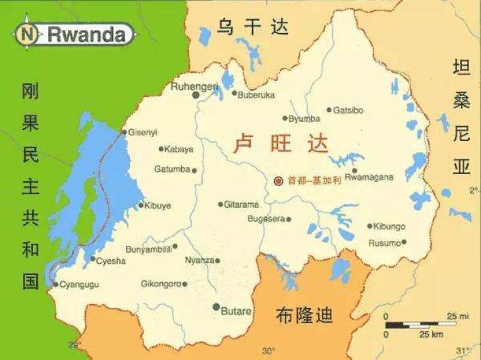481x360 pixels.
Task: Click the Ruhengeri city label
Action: click(194, 86)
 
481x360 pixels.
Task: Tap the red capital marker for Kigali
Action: click(279, 180)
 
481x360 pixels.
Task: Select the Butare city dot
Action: click(216, 307)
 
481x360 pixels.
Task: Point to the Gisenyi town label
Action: click(143, 132)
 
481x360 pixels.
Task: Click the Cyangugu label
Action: click(79, 285)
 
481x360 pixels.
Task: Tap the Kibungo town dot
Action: click(370, 225)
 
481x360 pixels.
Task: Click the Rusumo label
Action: click(385, 243)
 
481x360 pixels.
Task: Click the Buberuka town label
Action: click(256, 95)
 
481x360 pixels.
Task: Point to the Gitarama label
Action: click(241, 204)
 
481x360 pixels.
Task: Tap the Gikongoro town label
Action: click(161, 284)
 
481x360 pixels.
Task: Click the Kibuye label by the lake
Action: click(157, 206)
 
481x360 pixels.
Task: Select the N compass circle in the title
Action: click(28, 34)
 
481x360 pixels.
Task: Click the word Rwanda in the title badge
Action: click(86, 34)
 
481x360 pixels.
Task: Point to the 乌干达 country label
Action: click(253, 27)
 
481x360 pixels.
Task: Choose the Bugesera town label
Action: click(266, 219)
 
